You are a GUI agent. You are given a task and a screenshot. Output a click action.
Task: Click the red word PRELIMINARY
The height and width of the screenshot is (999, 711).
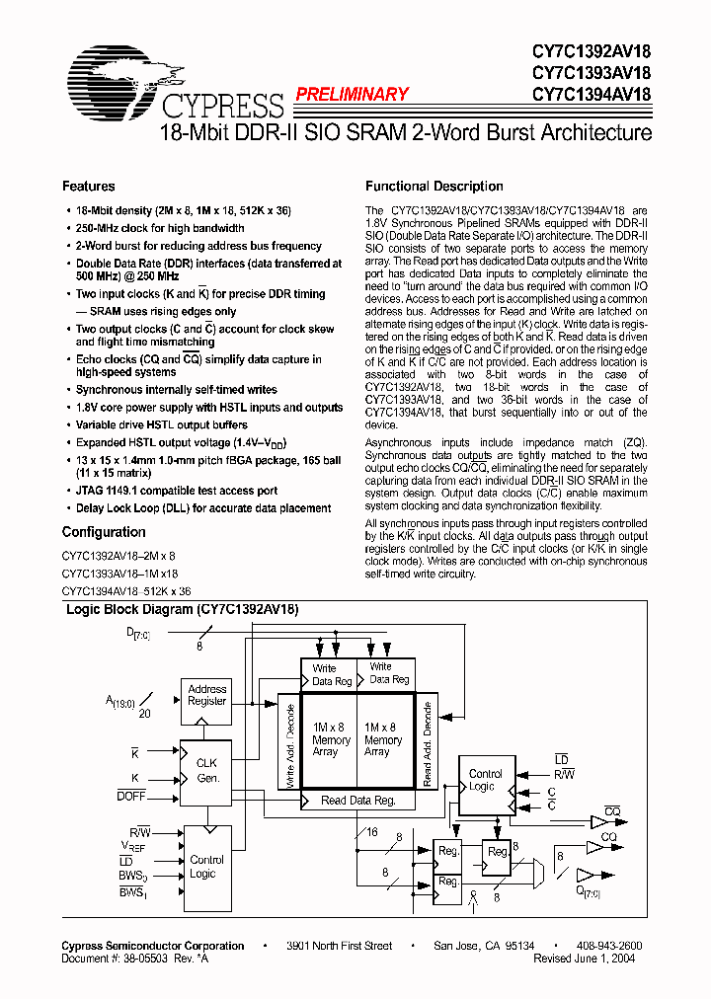coord(352,94)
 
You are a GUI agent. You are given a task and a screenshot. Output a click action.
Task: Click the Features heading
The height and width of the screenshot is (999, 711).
coord(89,186)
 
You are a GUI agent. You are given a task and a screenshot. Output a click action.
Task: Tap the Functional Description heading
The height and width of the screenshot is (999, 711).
coord(434,186)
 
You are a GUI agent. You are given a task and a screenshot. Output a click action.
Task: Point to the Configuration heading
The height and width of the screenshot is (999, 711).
coord(104,532)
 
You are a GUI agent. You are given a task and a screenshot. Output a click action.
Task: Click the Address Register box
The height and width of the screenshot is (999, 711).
coord(207,695)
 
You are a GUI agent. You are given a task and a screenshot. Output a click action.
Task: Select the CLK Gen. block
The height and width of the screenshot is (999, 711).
coord(206,770)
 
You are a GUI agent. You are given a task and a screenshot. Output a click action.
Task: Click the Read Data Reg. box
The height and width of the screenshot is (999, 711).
coord(357,801)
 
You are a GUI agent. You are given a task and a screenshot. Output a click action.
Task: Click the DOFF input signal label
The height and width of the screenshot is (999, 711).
coord(131,795)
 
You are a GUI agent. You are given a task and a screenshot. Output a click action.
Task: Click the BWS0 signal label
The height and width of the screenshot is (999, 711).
coord(132,877)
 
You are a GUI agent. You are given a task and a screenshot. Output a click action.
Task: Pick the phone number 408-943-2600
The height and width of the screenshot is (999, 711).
coord(606,946)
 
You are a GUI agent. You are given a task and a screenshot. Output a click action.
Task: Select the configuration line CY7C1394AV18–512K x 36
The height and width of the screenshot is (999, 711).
coord(126,589)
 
